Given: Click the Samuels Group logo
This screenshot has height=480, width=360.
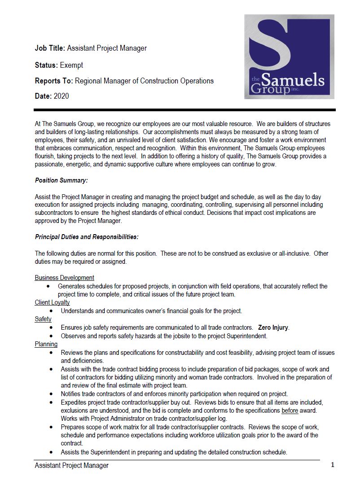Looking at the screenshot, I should (289, 57).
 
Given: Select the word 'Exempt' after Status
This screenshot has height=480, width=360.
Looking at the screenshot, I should (71, 65).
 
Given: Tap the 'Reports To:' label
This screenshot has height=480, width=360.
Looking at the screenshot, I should (54, 81).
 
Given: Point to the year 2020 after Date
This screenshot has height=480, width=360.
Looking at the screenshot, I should (61, 96).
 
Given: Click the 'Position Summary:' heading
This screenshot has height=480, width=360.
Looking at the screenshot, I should (61, 180).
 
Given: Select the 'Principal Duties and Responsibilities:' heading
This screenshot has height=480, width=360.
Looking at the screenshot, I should (87, 236).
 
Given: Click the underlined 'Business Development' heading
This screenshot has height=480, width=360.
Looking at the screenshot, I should (64, 278).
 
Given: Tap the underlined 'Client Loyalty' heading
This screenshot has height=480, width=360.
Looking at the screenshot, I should (52, 302).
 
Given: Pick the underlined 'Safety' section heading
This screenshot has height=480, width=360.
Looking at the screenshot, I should (43, 319).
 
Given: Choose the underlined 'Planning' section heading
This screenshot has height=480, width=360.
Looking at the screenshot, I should (46, 344).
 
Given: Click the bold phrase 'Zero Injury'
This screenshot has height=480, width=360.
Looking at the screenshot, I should (273, 327).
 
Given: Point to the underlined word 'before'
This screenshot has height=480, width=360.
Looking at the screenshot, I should (291, 410).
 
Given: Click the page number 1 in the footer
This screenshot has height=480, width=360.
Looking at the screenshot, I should (333, 465).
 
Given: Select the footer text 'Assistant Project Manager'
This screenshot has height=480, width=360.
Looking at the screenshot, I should (72, 466).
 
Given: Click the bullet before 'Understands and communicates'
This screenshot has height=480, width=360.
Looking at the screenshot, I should (51, 311).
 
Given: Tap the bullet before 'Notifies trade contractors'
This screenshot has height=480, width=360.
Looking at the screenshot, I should (51, 394).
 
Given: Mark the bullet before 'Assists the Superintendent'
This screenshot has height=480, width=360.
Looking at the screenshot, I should (51, 453).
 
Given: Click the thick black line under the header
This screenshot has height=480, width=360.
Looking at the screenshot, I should (184, 109).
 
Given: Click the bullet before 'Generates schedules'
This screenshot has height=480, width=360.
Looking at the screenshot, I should (48, 286).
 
